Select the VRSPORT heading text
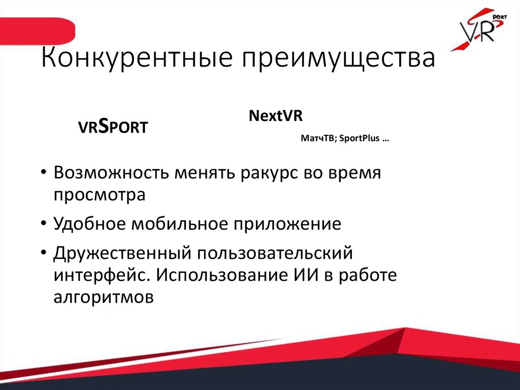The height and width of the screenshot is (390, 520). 112,127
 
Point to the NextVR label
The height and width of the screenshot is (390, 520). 275,116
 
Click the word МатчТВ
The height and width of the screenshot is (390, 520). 318,139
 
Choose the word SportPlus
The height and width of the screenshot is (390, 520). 358,139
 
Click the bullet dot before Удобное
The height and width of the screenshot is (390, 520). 44,224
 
